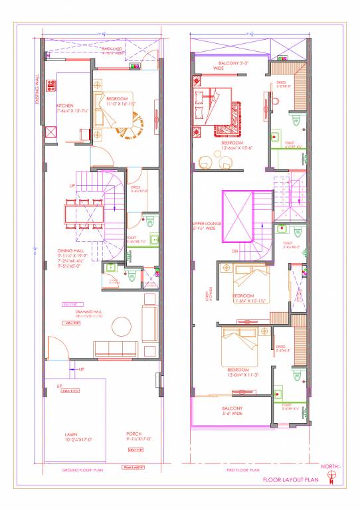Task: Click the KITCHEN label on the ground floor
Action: (64, 106)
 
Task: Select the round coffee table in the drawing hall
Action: (121, 325)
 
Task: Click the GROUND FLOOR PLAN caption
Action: (82, 469)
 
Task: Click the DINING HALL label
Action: (71, 250)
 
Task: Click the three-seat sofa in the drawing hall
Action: (116, 349)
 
